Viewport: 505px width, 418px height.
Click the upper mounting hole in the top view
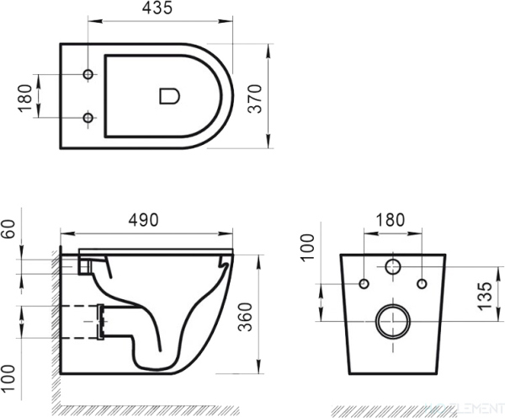[88, 76]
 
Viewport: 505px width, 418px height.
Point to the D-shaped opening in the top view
[169, 95]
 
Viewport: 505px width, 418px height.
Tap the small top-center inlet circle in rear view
[392, 268]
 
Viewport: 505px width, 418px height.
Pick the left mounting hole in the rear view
[364, 283]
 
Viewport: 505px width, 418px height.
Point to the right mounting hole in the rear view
[422, 283]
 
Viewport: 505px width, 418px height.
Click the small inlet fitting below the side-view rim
[85, 265]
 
